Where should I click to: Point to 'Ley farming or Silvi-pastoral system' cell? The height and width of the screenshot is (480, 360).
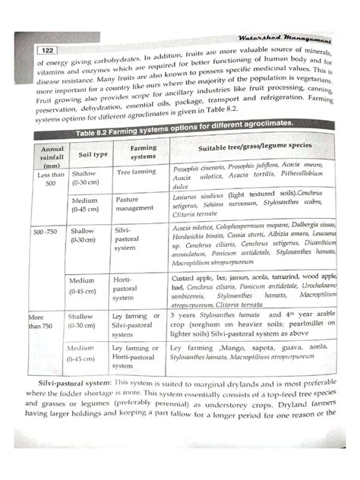click(x=135, y=321)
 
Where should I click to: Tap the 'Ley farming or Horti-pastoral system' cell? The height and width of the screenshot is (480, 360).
click(x=135, y=352)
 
